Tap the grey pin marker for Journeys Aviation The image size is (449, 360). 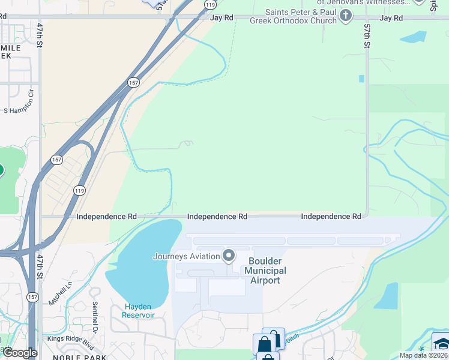(x=229, y=256)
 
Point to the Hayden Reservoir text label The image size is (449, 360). (x=139, y=310)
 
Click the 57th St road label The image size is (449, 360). (x=367, y=36)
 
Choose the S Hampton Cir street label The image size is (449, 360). (x=22, y=110)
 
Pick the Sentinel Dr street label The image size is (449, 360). (x=95, y=321)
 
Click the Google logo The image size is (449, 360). (x=20, y=353)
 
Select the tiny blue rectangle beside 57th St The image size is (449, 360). (x=361, y=79)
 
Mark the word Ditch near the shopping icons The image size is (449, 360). (x=292, y=338)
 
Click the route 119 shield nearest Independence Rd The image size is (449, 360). (x=80, y=190)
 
